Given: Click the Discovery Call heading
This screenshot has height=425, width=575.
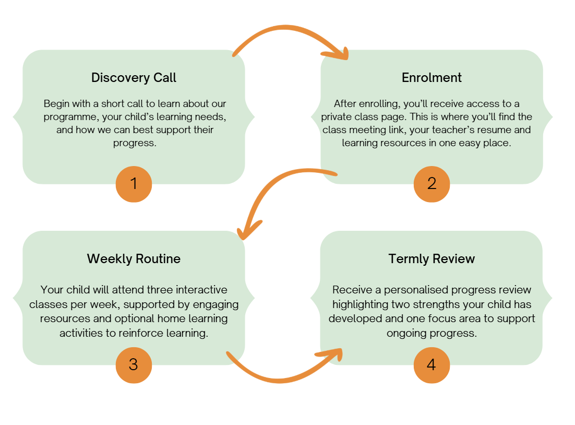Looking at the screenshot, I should tap(134, 78).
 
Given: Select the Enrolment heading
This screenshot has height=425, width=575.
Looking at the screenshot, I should tap(432, 78).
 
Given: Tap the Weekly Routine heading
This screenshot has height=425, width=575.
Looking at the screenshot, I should tap(134, 258).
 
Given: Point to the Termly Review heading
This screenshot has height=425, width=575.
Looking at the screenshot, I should tap(432, 258).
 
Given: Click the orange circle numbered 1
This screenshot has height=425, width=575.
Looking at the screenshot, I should tap(134, 184).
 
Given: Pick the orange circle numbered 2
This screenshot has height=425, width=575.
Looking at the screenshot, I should tap(432, 184).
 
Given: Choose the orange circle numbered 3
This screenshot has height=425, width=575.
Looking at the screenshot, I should tap(134, 364).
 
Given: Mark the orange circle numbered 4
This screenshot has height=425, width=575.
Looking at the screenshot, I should tap(432, 364).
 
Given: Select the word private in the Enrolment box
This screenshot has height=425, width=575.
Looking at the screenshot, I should tap(338, 116).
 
